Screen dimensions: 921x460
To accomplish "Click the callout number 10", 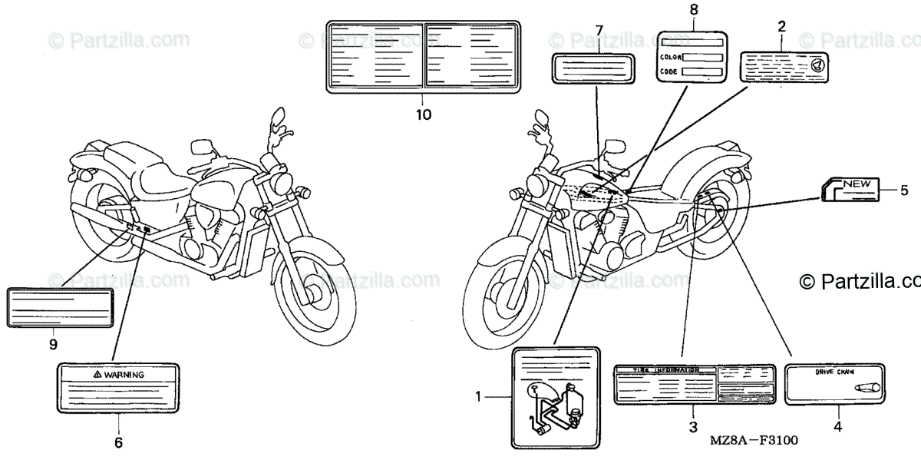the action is [423, 115].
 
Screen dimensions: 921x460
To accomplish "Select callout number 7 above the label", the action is [599, 30].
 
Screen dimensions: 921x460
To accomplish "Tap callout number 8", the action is [694, 10].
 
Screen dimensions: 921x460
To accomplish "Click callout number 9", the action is [53, 344].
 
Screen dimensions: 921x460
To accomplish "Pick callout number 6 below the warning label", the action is [118, 442].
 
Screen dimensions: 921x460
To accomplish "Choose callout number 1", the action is [477, 397].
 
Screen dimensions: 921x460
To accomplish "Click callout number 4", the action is [837, 426].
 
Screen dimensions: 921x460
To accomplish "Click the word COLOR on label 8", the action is [670, 57].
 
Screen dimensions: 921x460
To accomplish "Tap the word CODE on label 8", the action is [668, 71].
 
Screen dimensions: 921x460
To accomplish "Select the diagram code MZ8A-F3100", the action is [754, 441].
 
